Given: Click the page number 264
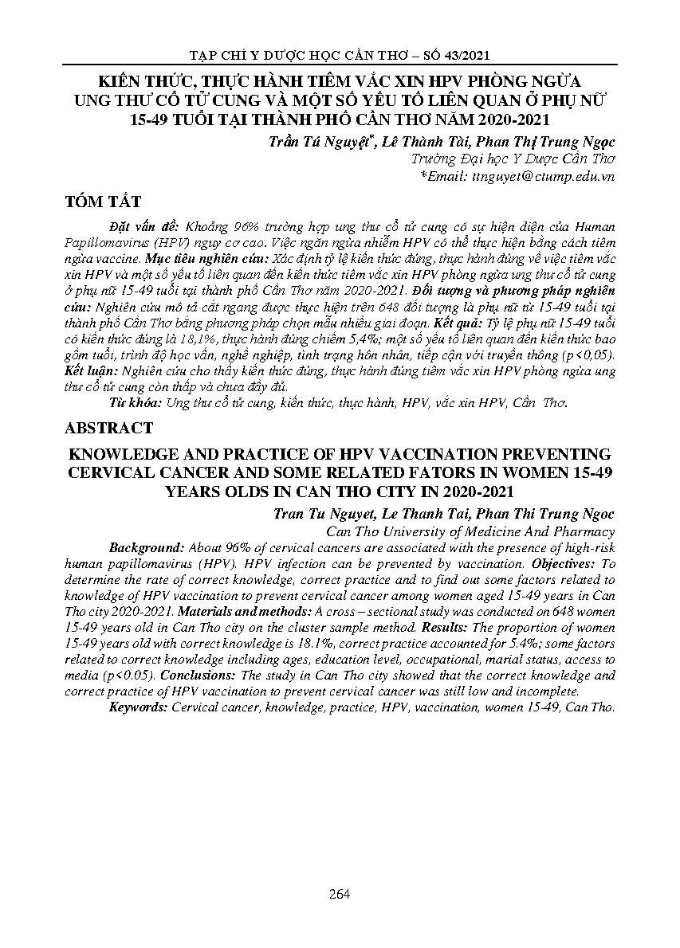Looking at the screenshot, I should pyautogui.click(x=340, y=893).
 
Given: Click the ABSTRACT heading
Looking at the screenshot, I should pyautogui.click(x=107, y=428).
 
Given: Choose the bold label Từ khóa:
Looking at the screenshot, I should pyautogui.click(x=135, y=403).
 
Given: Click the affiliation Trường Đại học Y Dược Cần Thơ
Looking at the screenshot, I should pyautogui.click(x=512, y=159).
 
